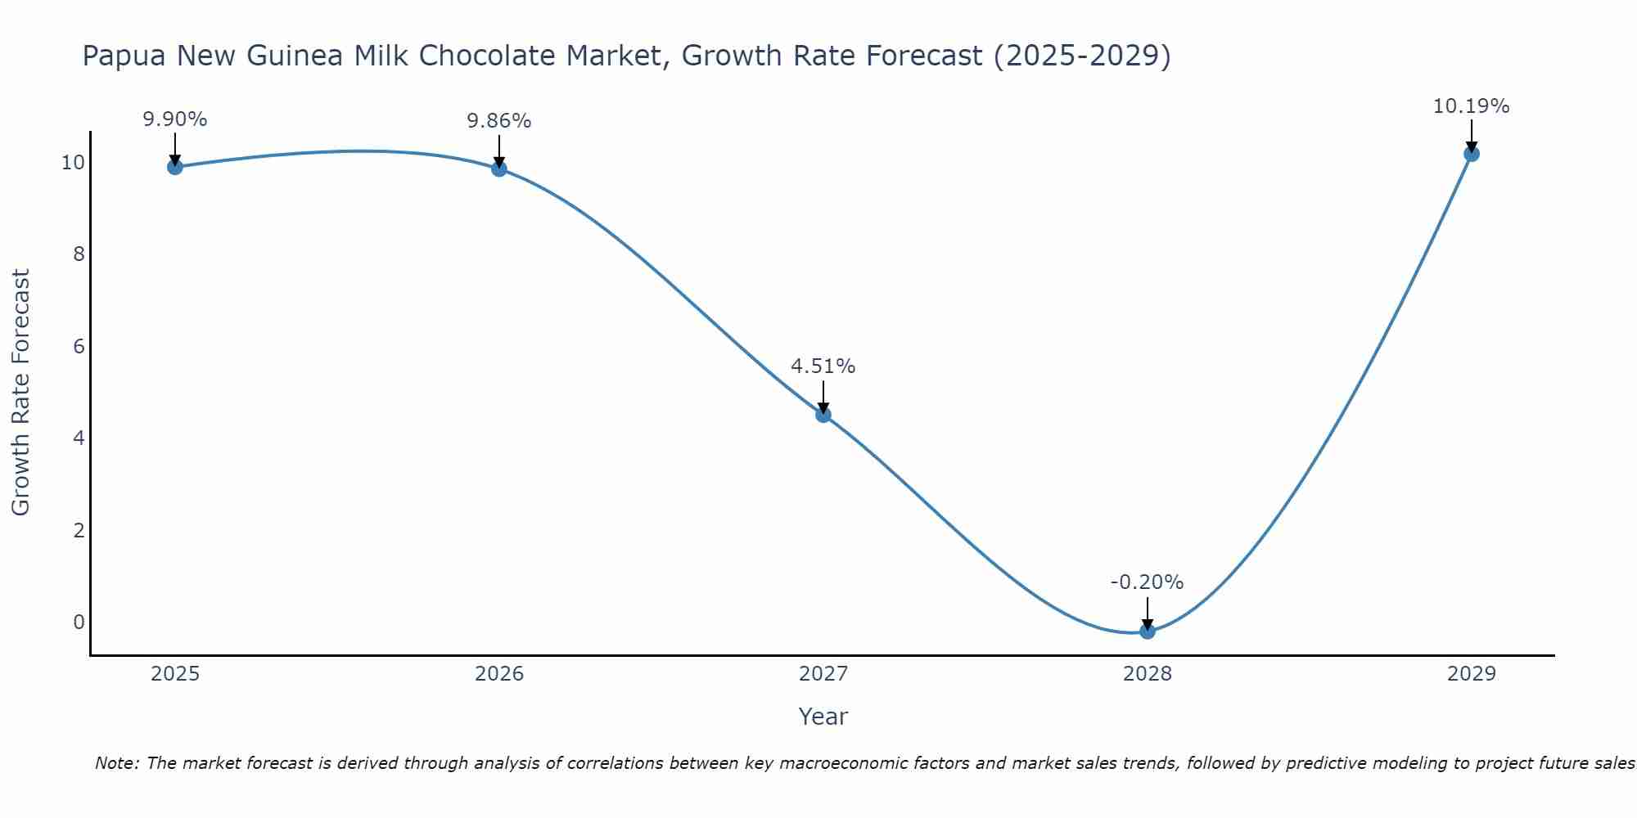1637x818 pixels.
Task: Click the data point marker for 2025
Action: pos(174,167)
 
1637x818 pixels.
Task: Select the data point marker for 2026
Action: pos(498,169)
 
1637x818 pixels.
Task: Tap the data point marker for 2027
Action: pos(823,415)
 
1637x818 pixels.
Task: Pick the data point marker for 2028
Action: pos(1148,631)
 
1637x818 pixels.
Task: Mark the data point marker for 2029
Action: pos(1471,154)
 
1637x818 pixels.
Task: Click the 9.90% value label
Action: pos(174,119)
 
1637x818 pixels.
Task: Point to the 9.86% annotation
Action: pos(498,121)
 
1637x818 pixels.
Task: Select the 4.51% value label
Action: pos(823,366)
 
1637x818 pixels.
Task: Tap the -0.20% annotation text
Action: pos(1147,582)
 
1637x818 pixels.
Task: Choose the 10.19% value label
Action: pos(1471,106)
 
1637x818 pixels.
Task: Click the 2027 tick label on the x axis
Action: pos(823,674)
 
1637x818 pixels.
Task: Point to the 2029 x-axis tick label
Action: pos(1471,674)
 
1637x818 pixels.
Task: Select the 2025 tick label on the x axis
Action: pos(175,674)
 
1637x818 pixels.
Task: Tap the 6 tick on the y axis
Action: pos(79,346)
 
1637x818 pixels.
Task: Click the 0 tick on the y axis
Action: pos(79,622)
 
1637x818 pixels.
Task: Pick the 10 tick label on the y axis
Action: pos(73,162)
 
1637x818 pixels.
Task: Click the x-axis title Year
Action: pos(823,717)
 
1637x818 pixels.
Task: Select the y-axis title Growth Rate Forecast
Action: pos(20,392)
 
